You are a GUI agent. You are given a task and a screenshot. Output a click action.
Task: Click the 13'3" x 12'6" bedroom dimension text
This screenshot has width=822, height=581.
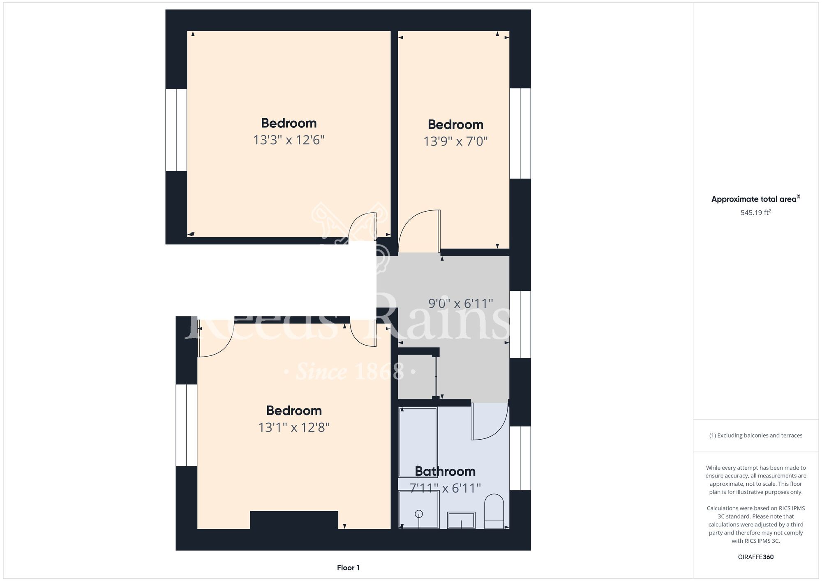click(289, 140)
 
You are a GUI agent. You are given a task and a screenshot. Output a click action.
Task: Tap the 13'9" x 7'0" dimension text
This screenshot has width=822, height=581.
click(455, 141)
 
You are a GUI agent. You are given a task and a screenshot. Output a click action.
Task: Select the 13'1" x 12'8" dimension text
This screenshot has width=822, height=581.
click(294, 428)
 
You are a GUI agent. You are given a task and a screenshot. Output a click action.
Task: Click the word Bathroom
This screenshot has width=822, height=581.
click(445, 471)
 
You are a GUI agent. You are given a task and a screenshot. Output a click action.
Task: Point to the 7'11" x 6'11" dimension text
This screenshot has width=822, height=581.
click(445, 488)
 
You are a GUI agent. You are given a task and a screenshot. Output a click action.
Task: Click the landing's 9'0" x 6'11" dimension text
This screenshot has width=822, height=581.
click(460, 304)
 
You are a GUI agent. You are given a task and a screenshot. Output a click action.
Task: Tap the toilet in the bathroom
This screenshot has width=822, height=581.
click(494, 511)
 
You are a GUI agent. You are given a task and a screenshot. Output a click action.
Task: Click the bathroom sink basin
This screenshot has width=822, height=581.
click(461, 520)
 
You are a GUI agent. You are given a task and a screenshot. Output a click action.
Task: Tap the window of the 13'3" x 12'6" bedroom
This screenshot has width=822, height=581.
click(176, 130)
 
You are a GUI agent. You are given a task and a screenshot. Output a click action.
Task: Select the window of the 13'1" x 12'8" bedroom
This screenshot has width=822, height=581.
click(187, 425)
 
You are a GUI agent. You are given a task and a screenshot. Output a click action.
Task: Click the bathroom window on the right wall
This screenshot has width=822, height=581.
click(520, 458)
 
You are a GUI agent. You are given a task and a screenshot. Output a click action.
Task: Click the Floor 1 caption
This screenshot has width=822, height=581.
click(348, 568)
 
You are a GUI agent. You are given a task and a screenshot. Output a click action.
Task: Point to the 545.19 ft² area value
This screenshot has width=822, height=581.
click(756, 212)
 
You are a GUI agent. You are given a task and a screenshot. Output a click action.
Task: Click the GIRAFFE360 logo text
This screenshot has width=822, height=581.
click(756, 557)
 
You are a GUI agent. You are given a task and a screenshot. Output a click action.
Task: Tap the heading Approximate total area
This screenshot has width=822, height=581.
click(754, 199)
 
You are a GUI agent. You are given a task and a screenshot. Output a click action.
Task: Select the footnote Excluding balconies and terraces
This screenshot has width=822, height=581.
click(756, 436)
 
